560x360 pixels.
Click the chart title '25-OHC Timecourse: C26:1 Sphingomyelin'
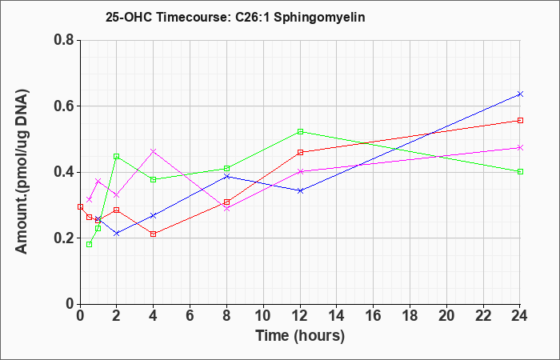pyautogui.click(x=235, y=17)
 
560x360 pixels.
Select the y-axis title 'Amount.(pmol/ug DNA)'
pyautogui.click(x=22, y=171)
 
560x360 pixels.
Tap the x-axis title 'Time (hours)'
pyautogui.click(x=300, y=336)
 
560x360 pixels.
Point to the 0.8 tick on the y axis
pyautogui.click(x=64, y=40)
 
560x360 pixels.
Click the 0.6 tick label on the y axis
pyautogui.click(x=64, y=106)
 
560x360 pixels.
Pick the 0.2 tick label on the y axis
pyautogui.click(x=64, y=238)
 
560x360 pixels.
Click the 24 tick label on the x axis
pyautogui.click(x=520, y=316)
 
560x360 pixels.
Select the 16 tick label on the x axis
pyautogui.click(x=374, y=316)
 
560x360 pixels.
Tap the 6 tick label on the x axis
pyautogui.click(x=190, y=316)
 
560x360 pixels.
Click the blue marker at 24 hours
pyautogui.click(x=520, y=94)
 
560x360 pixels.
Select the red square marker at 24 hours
pyautogui.click(x=520, y=120)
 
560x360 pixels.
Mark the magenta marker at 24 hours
pyautogui.click(x=520, y=147)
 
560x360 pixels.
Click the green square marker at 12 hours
pyautogui.click(x=300, y=131)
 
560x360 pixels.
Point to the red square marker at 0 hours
pyautogui.click(x=80, y=206)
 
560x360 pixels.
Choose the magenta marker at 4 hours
pyautogui.click(x=154, y=151)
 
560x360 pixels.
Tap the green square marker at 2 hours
pyautogui.click(x=117, y=157)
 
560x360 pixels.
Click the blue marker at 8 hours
pyautogui.click(x=226, y=176)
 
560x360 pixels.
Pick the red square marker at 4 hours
pyautogui.click(x=154, y=234)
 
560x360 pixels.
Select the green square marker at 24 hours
pyautogui.click(x=520, y=171)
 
